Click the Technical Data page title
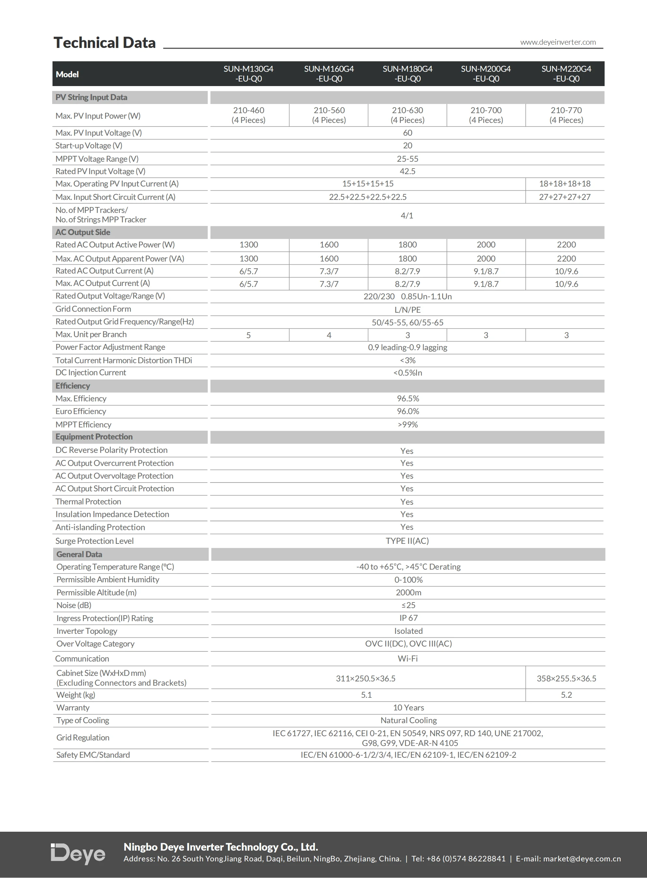click(105, 43)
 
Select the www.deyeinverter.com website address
click(558, 42)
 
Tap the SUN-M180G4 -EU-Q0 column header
click(407, 74)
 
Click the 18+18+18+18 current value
click(564, 184)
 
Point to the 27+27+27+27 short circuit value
click(564, 197)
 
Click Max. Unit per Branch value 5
click(248, 335)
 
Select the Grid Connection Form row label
click(93, 309)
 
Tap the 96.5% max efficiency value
click(408, 398)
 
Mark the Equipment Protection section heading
click(94, 437)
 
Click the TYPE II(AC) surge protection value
click(407, 541)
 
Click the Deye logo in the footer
click(78, 854)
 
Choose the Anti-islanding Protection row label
click(100, 527)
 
